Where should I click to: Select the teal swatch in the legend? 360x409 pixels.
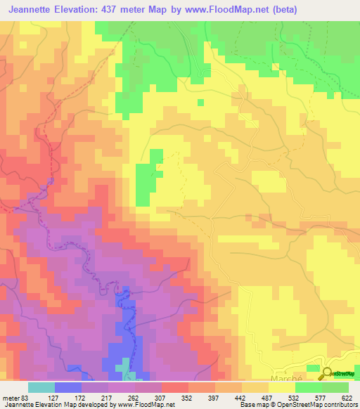point(41,387)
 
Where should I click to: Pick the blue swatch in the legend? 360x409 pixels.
point(67,387)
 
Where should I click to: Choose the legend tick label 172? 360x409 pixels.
point(82,397)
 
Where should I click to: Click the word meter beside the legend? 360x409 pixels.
point(11,397)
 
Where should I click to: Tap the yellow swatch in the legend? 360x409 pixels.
point(281,387)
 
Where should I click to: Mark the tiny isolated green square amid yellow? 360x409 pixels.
point(200,103)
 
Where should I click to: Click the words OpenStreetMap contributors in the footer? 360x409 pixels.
point(321,405)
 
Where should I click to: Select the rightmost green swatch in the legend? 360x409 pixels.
point(335,387)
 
